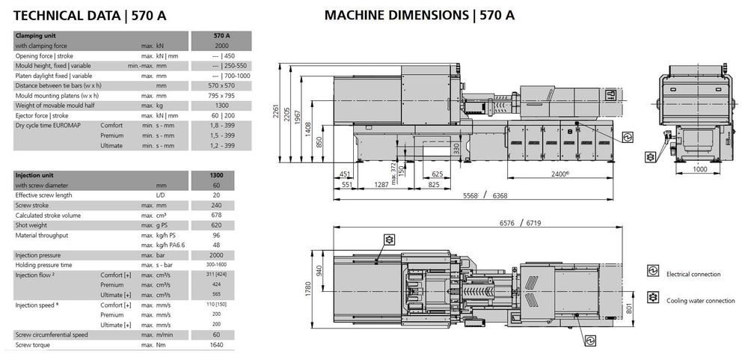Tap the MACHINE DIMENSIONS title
pos(420,14)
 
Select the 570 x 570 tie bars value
pos(222,85)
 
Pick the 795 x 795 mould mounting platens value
pos(222,95)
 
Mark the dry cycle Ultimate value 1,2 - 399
pos(222,145)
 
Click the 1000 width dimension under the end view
pos(699,169)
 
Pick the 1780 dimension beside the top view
pos(307,289)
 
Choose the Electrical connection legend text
pos(693,274)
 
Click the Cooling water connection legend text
pos(700,300)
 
